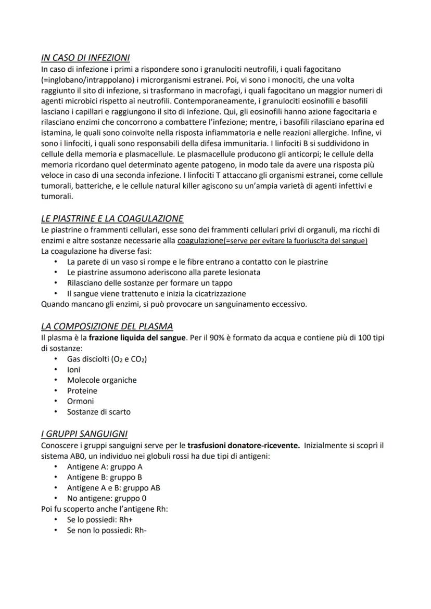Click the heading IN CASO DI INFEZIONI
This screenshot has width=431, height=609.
tap(85, 58)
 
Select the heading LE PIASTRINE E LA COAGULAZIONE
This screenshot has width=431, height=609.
tap(112, 218)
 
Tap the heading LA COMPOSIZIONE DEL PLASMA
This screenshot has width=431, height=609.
tap(107, 326)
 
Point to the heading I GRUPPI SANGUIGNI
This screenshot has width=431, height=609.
tap(84, 434)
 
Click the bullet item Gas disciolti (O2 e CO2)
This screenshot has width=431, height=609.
tap(107, 359)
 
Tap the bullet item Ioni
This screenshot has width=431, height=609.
tap(73, 369)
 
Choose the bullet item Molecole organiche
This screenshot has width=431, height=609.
tap(102, 380)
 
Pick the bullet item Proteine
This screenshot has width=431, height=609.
tap(82, 391)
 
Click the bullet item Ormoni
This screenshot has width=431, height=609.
tap(80, 401)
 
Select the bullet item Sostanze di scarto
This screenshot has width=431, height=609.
tap(98, 412)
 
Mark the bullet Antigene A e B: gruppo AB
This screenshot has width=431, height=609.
tap(113, 487)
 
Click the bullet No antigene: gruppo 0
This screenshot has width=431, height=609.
tap(106, 498)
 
